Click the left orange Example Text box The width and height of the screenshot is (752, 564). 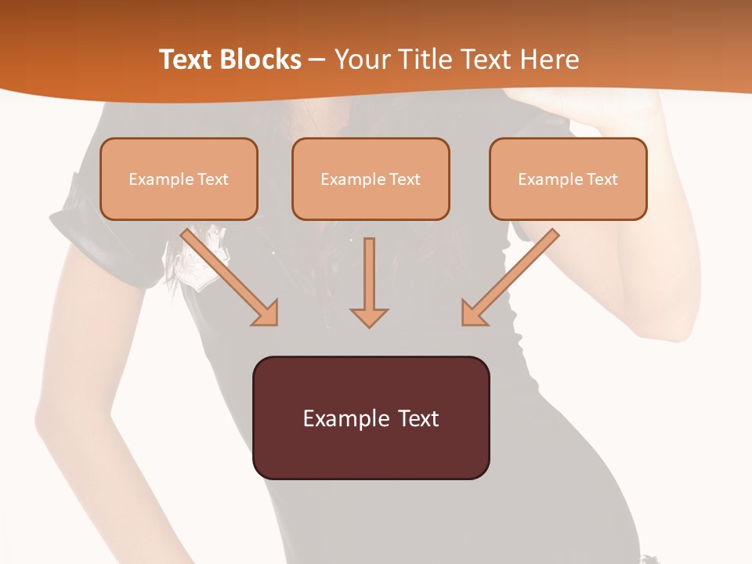[179, 179]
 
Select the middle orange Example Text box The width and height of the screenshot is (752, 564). [371, 179]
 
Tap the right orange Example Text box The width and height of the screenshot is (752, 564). [568, 179]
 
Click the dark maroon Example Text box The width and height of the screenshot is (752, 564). [371, 418]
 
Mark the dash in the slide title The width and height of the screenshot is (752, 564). [317, 60]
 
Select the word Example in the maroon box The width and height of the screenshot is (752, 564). [342, 418]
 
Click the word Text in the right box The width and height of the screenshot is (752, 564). [602, 179]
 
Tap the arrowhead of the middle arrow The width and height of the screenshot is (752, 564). [369, 316]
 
